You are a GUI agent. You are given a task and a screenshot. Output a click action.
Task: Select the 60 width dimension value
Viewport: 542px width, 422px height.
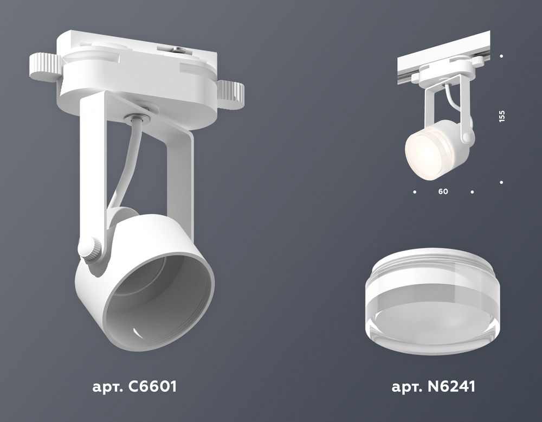pyautogui.click(x=443, y=192)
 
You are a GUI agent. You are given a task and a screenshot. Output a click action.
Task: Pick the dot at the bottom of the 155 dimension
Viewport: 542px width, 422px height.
pyautogui.click(x=502, y=183)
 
